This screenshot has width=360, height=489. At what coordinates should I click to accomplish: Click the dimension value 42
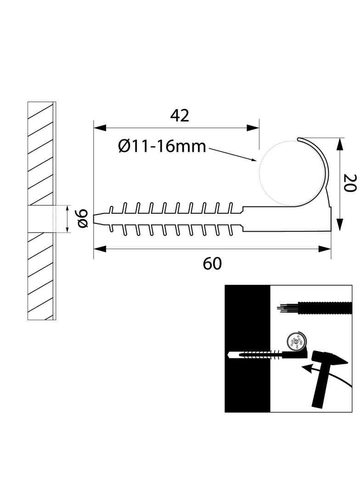pos(180,116)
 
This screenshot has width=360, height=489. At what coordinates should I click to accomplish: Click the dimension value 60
pos(212,263)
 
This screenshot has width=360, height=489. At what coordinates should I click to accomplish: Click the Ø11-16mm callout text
pos(162,146)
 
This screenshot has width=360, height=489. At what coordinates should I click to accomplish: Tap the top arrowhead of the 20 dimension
pos(339,144)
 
